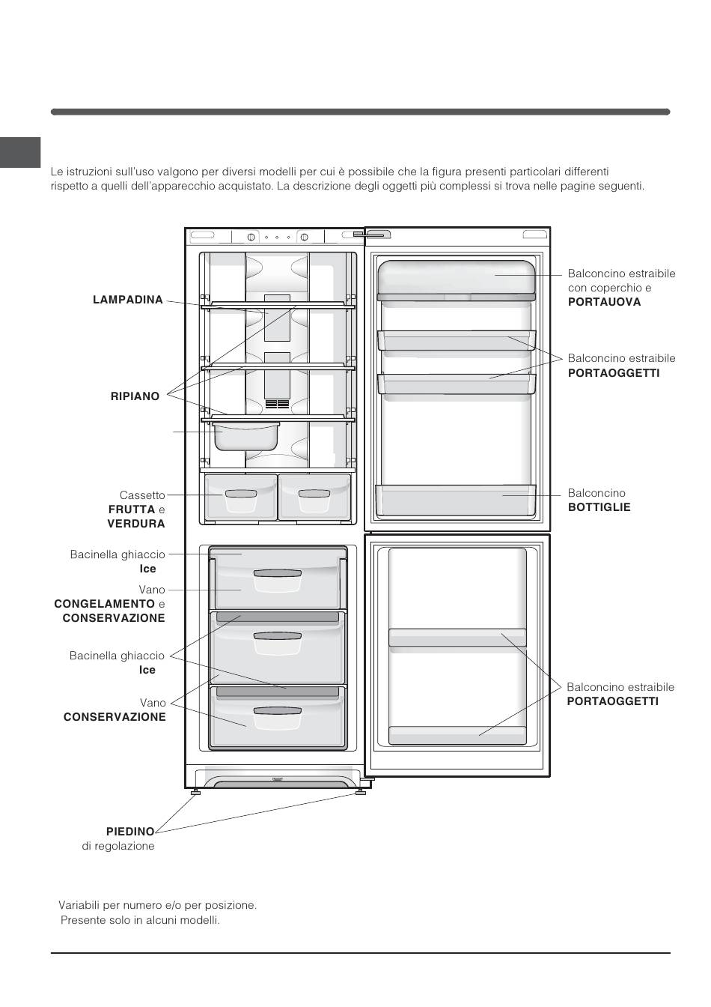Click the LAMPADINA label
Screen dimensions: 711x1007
(127, 300)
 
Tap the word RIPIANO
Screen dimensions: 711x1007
(135, 396)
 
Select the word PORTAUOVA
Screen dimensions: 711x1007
(604, 302)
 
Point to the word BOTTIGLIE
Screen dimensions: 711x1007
(599, 507)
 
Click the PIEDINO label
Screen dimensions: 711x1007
(130, 832)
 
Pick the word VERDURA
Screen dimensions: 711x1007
(136, 524)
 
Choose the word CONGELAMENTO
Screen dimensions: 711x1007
(104, 604)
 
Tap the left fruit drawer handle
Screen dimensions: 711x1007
(241, 494)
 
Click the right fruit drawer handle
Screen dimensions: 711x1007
(314, 494)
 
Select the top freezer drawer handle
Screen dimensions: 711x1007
(278, 573)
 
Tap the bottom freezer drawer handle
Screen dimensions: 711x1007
(278, 711)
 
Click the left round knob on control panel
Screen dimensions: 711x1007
(251, 237)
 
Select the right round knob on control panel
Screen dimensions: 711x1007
(304, 237)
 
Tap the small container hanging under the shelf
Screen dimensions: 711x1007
(245, 436)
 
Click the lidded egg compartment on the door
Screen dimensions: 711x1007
(457, 280)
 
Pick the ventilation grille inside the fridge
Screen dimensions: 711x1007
(277, 403)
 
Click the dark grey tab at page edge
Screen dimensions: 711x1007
(20, 152)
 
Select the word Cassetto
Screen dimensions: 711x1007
(142, 495)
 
